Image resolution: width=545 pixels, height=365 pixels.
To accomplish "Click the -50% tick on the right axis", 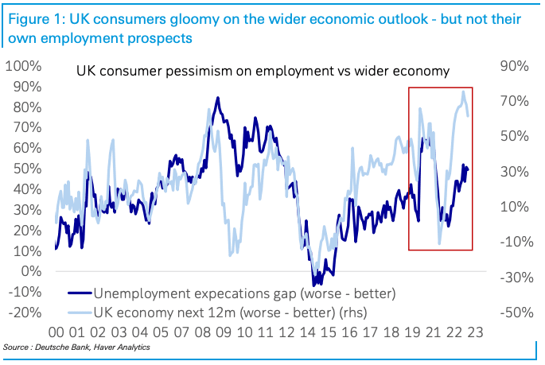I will point(512,312).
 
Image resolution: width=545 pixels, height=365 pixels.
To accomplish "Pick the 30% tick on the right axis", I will point(514,171).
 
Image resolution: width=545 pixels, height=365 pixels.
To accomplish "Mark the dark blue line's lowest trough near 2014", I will point(316,284).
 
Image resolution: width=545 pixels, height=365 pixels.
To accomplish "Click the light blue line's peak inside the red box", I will point(463,91).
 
